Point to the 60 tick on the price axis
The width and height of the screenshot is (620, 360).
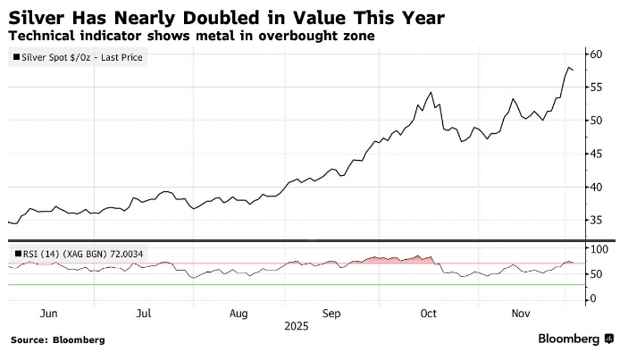(x=597, y=54)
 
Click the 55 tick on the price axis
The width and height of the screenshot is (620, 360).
(x=597, y=87)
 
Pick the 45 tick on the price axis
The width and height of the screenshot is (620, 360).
(x=597, y=154)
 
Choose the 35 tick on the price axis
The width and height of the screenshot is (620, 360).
(x=597, y=220)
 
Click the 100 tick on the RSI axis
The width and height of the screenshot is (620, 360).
(x=599, y=248)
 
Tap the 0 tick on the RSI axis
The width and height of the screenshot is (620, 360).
(x=592, y=298)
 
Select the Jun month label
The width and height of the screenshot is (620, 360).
(x=49, y=314)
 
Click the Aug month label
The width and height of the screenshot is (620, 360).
(x=238, y=314)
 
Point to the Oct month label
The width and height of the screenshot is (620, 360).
(x=428, y=314)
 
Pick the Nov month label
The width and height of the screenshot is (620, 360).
(x=520, y=314)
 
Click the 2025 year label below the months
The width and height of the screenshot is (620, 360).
(x=296, y=326)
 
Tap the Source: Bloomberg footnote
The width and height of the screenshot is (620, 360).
(x=58, y=340)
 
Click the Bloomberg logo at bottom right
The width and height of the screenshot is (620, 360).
(x=568, y=339)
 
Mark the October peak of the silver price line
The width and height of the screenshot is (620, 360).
(x=431, y=92)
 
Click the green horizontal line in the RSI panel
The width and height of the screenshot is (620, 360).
(x=268, y=284)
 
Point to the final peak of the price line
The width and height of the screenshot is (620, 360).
(x=569, y=67)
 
